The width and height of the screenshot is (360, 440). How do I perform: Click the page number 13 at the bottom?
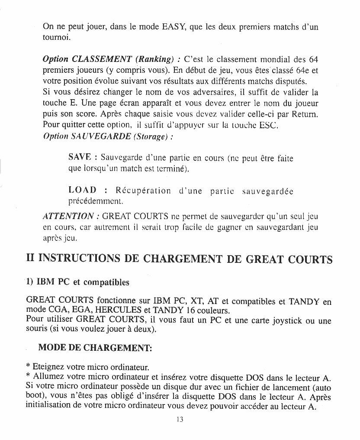180,419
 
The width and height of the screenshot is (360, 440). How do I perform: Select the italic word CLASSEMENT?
102,59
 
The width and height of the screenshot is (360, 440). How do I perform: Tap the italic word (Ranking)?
155,59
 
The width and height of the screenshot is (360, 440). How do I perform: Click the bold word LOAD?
82,191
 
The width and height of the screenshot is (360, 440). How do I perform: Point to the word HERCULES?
117,310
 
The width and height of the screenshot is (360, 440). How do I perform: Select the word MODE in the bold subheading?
52,347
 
